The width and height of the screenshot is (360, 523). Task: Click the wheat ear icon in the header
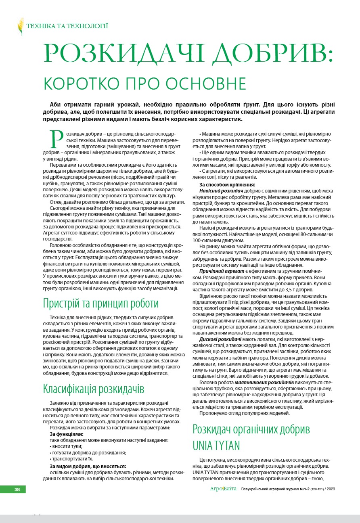(x=20, y=27)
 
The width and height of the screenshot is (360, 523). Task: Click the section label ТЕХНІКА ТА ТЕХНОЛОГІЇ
(x=67, y=27)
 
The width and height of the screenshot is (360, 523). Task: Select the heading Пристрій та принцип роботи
(x=101, y=303)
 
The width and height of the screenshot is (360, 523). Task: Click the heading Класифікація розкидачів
(x=94, y=389)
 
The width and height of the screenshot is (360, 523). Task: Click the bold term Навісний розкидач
(x=220, y=190)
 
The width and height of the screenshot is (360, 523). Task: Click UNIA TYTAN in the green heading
(x=216, y=445)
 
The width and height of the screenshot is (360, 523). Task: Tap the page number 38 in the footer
(x=17, y=490)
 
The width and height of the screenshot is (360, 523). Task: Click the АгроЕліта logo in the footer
(x=223, y=490)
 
